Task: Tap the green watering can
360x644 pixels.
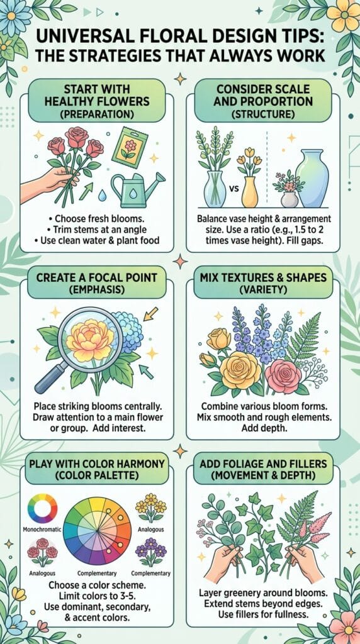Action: pos(137,189)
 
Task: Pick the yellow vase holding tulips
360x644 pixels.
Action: pos(250,191)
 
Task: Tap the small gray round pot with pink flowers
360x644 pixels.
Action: pos(290,199)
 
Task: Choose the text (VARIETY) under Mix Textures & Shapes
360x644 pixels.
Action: pos(263,291)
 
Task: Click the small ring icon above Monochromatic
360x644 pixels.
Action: pos(42,508)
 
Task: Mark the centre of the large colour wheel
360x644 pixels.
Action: pos(98,531)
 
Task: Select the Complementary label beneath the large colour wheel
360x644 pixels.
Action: pos(97,573)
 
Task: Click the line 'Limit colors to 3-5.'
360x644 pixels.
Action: pos(97,596)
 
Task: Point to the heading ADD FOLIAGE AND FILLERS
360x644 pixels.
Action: pos(263,464)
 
